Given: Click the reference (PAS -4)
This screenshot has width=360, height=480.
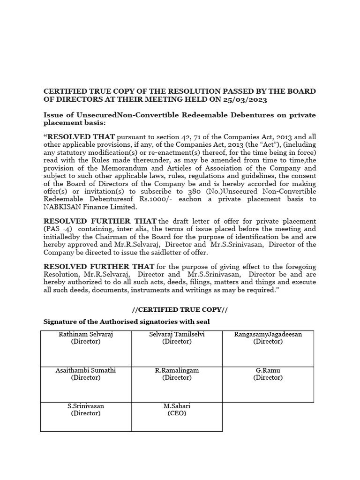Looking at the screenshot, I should (58, 229).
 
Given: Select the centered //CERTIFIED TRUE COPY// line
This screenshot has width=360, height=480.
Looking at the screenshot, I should (180, 310).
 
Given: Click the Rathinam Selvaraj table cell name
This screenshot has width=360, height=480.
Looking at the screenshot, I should (85, 334).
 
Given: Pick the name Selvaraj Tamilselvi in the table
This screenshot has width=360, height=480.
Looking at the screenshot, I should (177, 334).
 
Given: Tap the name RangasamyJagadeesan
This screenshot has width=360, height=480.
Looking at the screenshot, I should (268, 334).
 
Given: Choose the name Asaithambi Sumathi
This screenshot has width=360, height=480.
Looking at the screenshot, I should (85, 370).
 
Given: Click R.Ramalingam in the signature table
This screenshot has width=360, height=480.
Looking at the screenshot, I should (177, 370).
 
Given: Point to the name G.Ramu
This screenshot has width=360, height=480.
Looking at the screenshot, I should (268, 370).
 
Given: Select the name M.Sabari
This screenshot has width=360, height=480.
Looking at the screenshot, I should (177, 406).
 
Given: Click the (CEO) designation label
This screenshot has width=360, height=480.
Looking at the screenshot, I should (177, 413).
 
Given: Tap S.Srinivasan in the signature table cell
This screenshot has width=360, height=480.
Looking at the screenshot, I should (85, 406).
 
